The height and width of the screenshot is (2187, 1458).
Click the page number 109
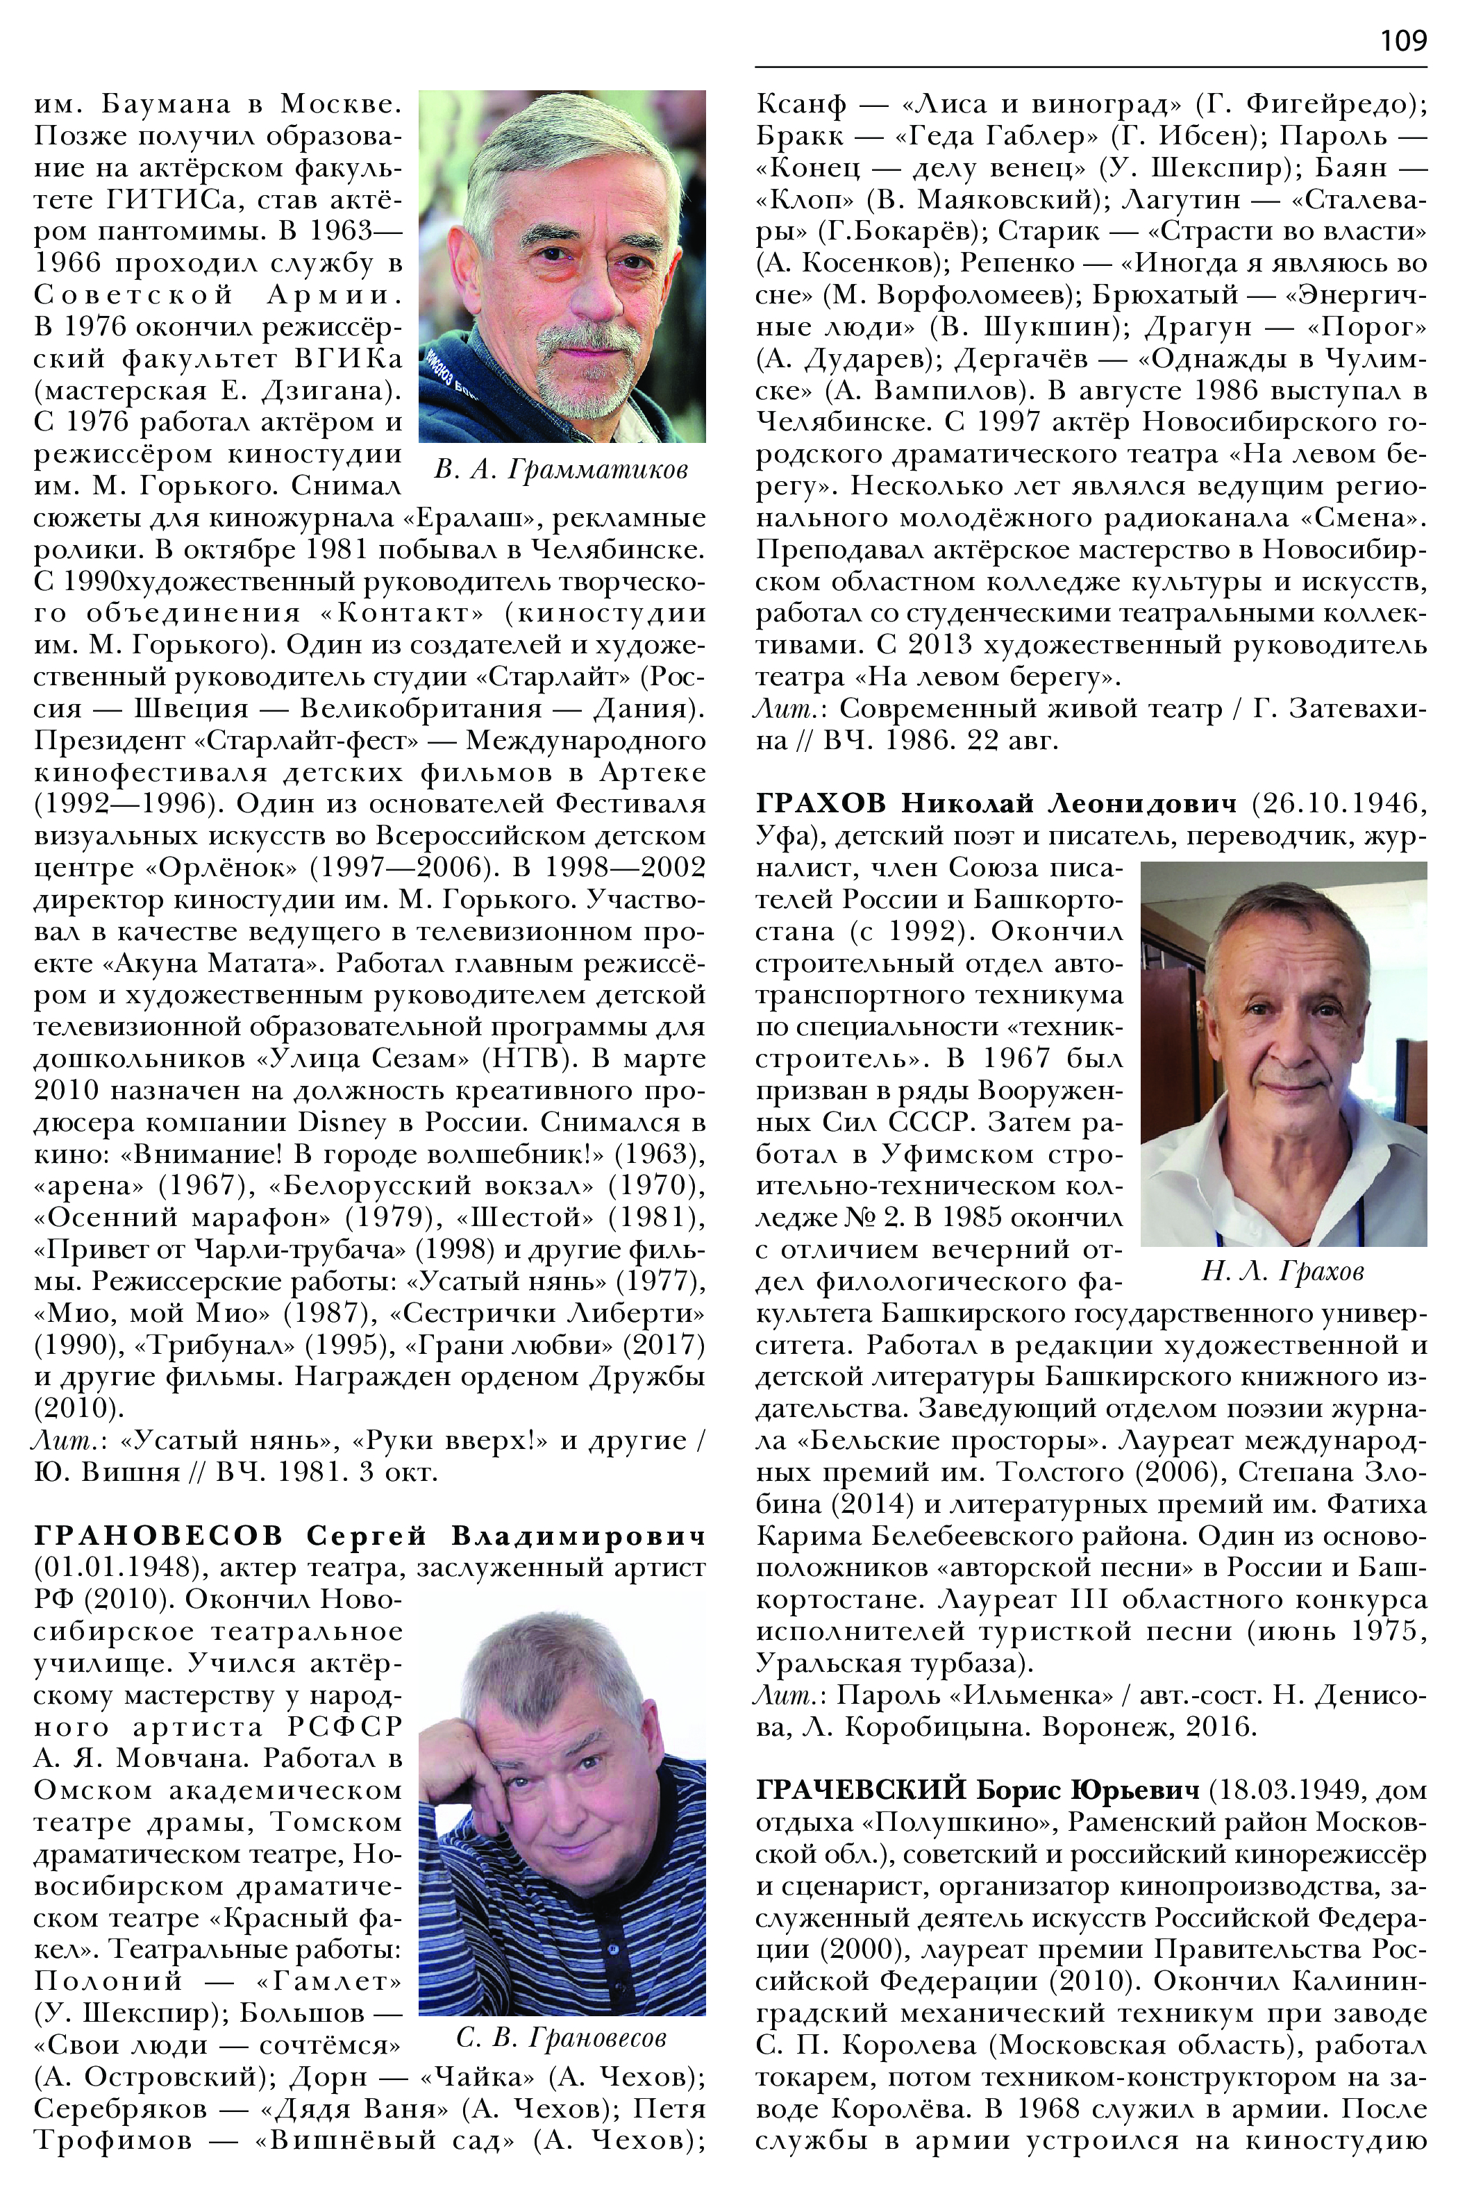[1402, 40]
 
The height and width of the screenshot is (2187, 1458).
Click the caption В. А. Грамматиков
[561, 469]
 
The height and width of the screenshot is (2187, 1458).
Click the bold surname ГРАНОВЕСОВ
[158, 1535]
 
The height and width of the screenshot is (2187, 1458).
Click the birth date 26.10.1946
[1340, 803]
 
